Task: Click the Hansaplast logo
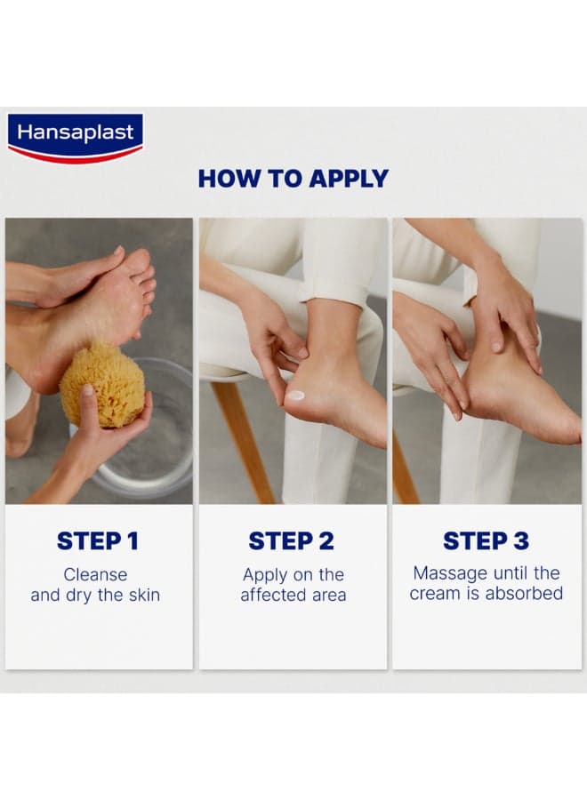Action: [75, 138]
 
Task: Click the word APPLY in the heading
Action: [349, 179]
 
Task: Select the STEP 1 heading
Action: [98, 541]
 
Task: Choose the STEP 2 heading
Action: [291, 541]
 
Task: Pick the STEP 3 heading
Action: [486, 540]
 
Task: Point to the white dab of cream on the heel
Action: [296, 395]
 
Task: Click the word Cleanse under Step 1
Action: [95, 574]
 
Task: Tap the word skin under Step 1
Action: [143, 595]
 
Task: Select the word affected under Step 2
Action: [270, 595]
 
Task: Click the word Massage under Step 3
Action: [450, 573]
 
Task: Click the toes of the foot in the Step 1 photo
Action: [146, 285]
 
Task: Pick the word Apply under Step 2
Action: [265, 575]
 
